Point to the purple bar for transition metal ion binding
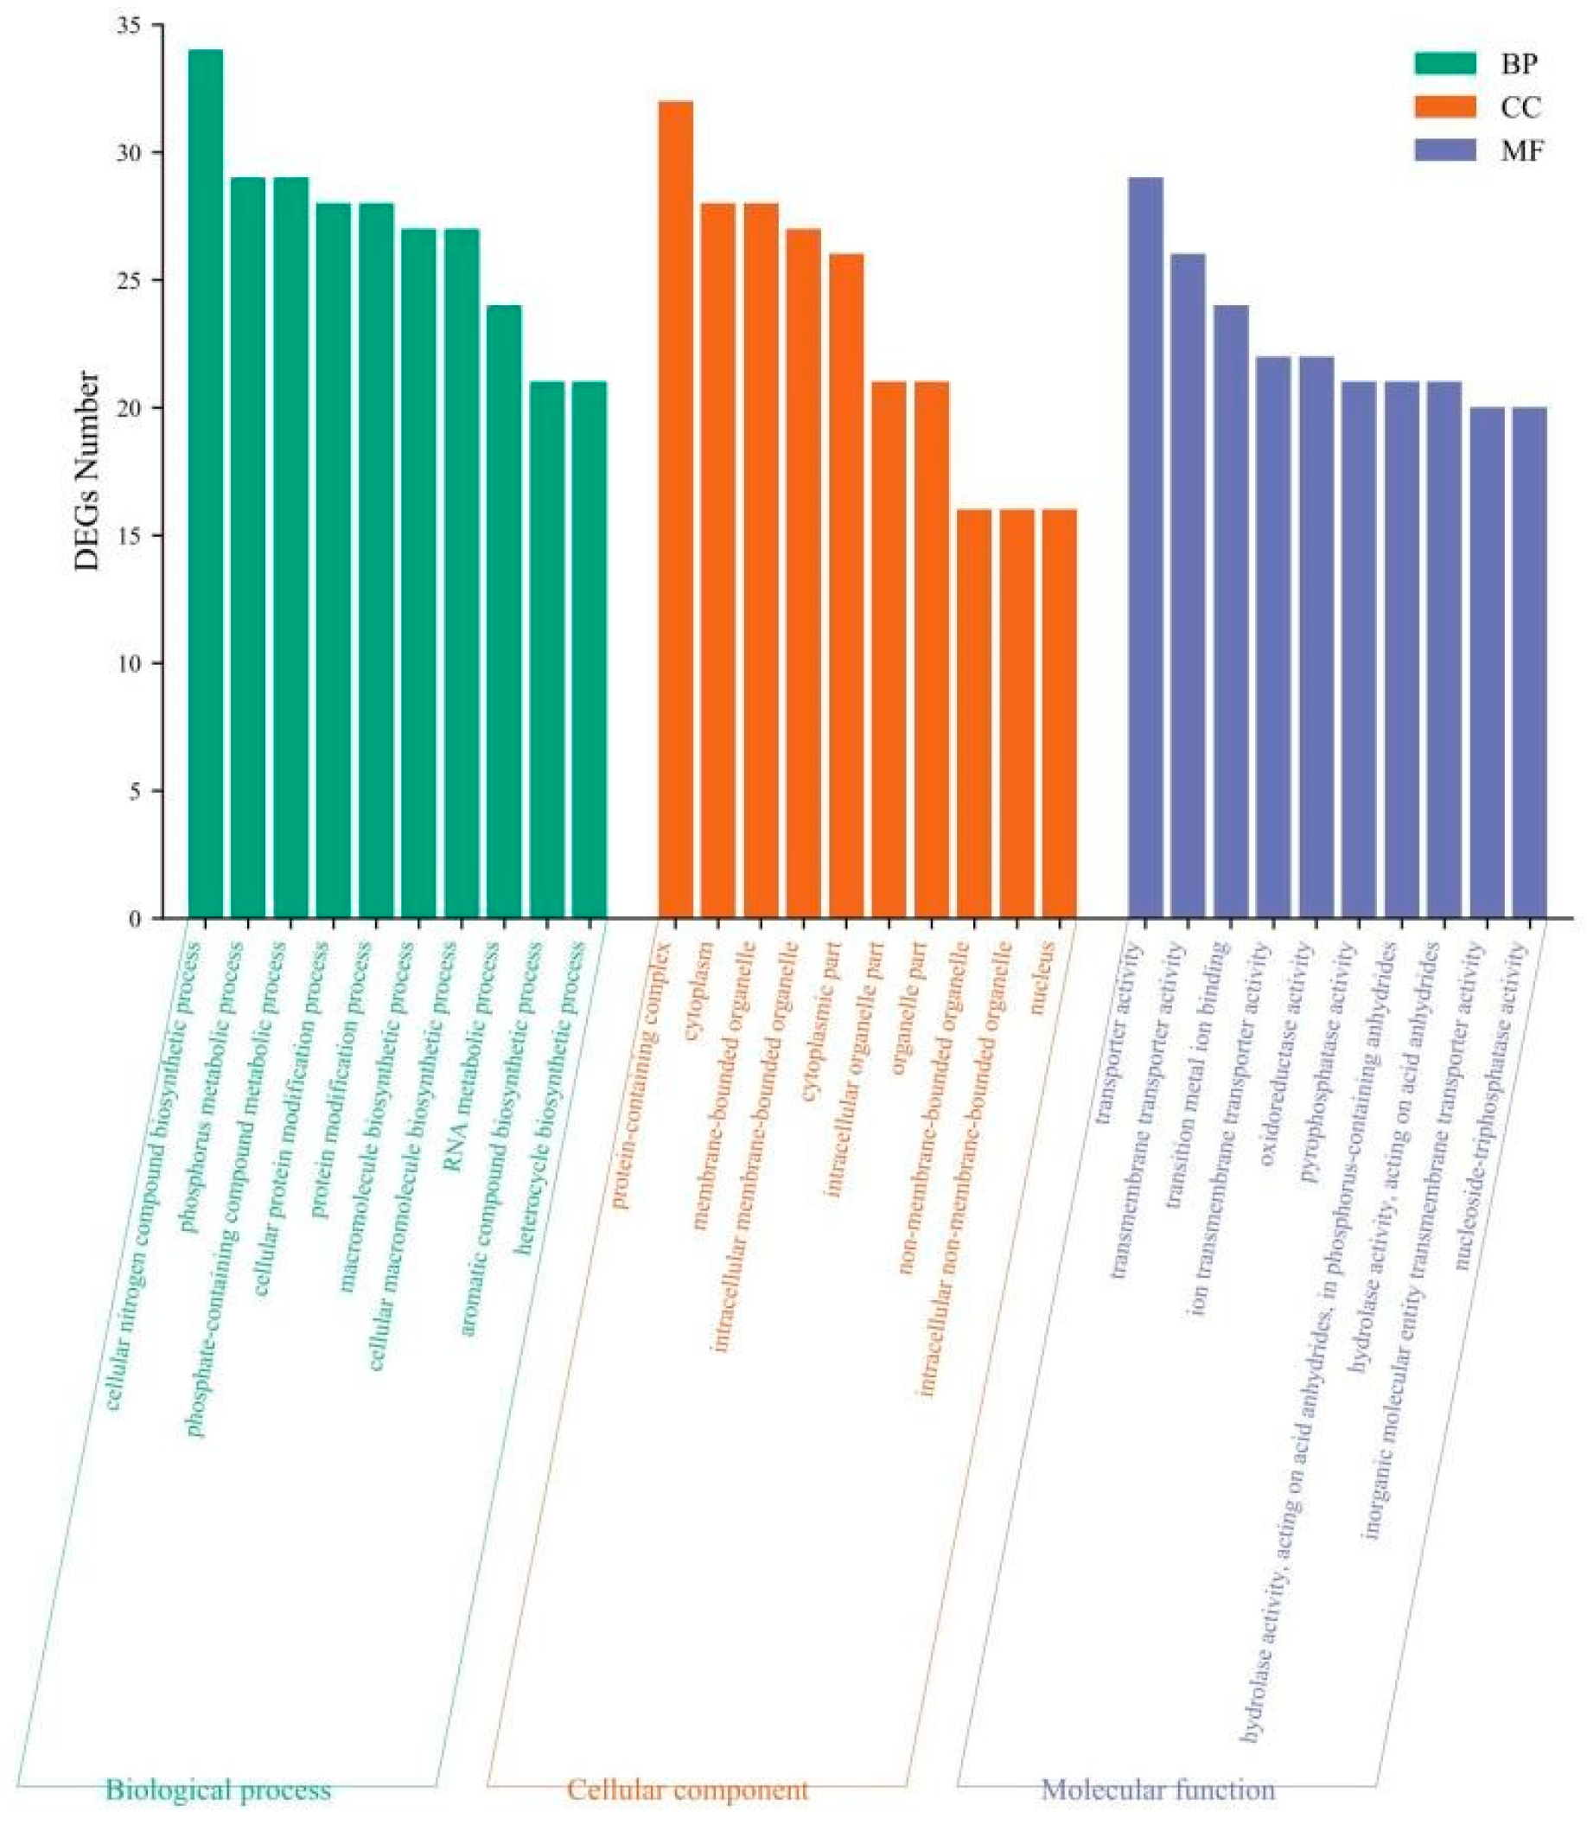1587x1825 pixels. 1231,611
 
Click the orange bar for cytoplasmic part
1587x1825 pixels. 845,585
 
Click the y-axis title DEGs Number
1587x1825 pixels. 86,470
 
